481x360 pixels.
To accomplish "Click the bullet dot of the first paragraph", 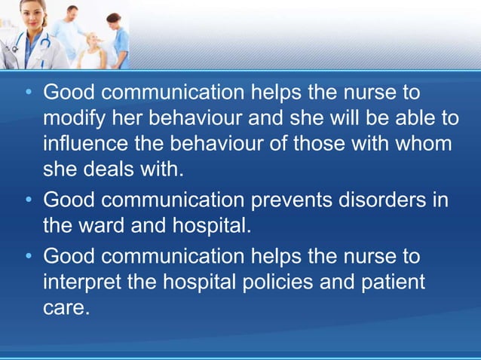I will (x=28, y=94).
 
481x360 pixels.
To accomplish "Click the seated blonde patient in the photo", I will (x=93, y=50).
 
